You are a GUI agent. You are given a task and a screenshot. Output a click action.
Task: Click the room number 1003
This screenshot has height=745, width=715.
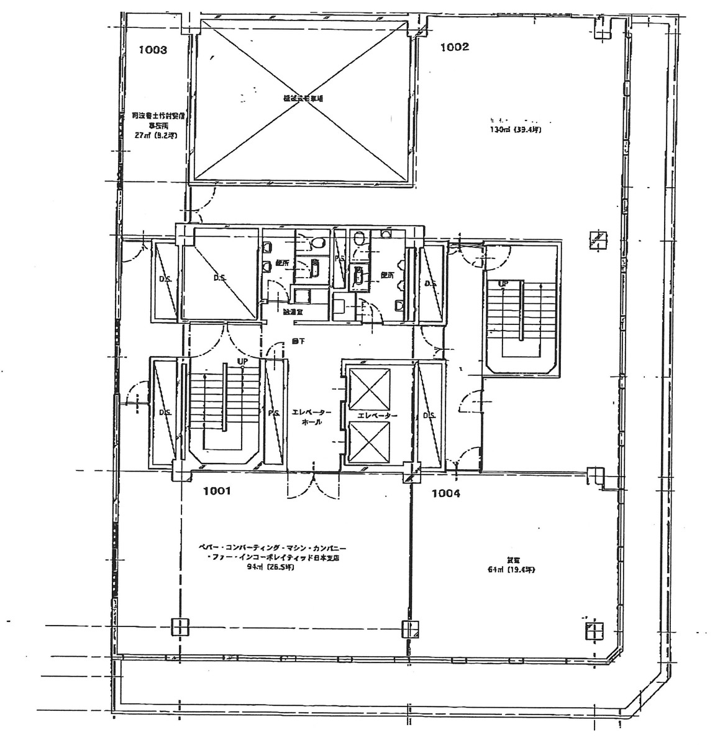[152, 50]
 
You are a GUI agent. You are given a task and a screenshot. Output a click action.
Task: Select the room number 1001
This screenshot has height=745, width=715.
[217, 491]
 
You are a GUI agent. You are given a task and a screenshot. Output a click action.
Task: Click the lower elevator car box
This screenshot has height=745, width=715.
[370, 442]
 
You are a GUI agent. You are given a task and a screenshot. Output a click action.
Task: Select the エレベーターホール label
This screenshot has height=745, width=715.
[311, 417]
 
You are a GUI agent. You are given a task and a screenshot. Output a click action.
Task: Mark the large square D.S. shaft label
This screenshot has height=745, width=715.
[219, 278]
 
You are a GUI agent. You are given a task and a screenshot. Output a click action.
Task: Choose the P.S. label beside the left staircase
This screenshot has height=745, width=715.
[272, 412]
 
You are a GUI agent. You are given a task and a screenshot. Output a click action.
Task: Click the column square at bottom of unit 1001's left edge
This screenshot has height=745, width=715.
[180, 628]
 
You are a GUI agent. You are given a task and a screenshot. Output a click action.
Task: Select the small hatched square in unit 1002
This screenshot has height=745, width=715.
[599, 239]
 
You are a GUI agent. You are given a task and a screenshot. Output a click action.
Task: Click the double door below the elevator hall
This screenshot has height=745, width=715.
[313, 483]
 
